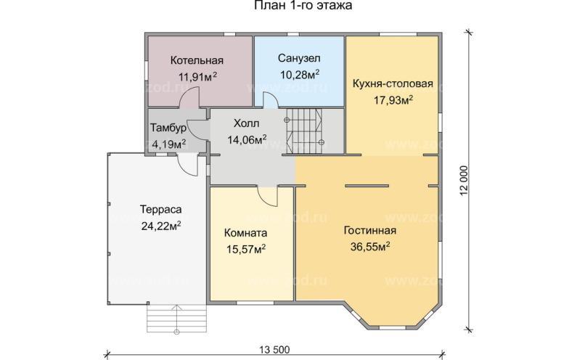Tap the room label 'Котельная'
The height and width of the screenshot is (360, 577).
tap(197, 60)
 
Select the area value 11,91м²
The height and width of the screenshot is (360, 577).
tap(197, 75)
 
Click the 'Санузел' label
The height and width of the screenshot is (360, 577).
tap(299, 57)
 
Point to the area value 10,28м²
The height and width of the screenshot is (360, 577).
tap(300, 73)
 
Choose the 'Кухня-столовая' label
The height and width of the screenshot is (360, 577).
tap(393, 83)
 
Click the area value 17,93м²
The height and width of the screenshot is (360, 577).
tap(393, 100)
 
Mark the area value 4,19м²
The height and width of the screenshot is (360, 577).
tap(168, 143)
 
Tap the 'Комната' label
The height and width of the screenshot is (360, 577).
tap(246, 234)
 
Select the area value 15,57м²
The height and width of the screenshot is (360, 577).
tap(246, 250)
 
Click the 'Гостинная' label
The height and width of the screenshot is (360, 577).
tap(369, 231)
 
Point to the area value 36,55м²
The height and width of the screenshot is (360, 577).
tap(369, 247)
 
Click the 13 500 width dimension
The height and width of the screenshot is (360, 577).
tap(274, 350)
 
